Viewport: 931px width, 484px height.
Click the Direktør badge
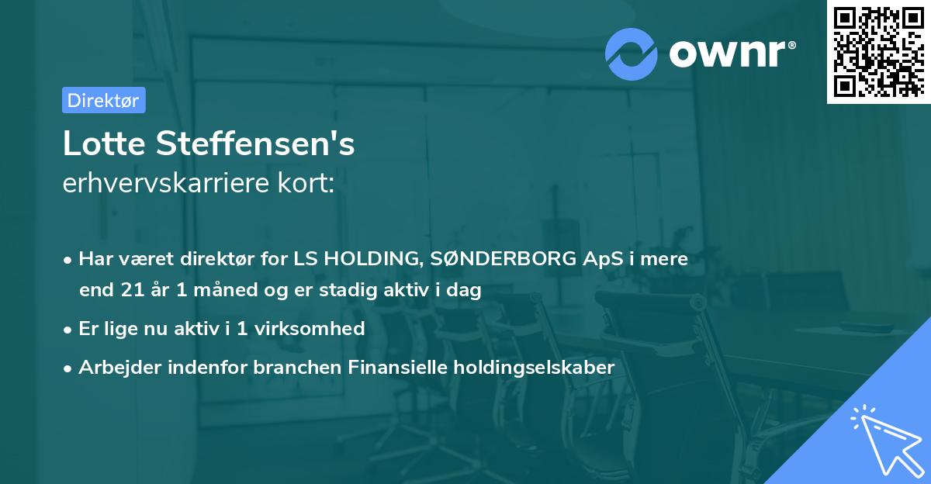(103, 100)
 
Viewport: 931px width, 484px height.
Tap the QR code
(878, 51)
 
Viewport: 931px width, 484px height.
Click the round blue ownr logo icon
(630, 54)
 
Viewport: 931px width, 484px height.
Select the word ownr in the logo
(730, 53)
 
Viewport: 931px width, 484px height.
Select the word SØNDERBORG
(483, 259)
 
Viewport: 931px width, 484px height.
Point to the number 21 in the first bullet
(132, 290)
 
